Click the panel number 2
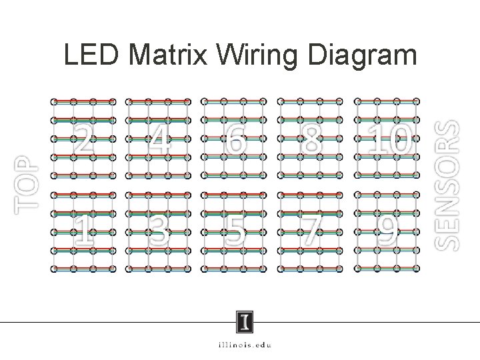click(x=83, y=138)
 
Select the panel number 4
click(x=159, y=138)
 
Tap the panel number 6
click(x=235, y=138)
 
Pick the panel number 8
click(x=311, y=138)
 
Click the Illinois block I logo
click(x=245, y=323)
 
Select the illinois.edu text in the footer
click(x=244, y=345)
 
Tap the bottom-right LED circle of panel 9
click(x=417, y=270)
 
